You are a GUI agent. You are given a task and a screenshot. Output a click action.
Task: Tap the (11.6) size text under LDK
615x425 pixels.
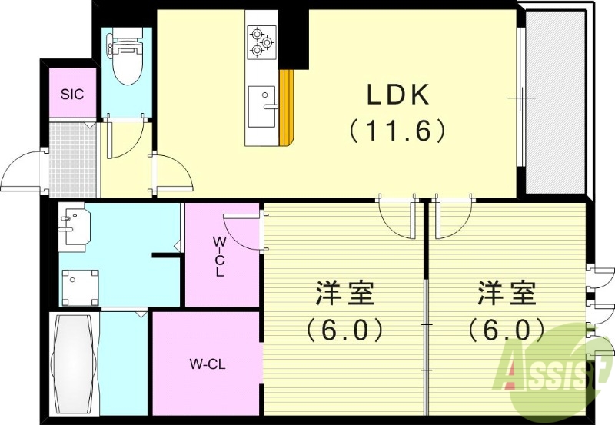pos(398,131)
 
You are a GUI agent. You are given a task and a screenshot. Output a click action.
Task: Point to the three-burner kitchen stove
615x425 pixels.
pos(261,42)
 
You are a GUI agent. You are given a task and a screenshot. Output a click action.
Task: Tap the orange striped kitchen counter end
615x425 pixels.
pos(288,108)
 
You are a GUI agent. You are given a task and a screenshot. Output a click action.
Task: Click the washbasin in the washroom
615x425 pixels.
pos(75,225)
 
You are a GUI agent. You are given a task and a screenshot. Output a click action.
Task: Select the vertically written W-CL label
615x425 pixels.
pos(219,257)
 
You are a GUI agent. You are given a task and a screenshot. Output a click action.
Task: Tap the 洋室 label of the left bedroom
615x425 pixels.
pos(344,294)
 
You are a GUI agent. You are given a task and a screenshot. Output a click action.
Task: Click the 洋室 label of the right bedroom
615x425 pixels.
pos(507,294)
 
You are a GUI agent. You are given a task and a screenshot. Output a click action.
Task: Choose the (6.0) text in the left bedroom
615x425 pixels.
pos(344,330)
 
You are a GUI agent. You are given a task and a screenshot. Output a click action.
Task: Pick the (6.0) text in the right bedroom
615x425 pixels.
pos(507,330)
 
